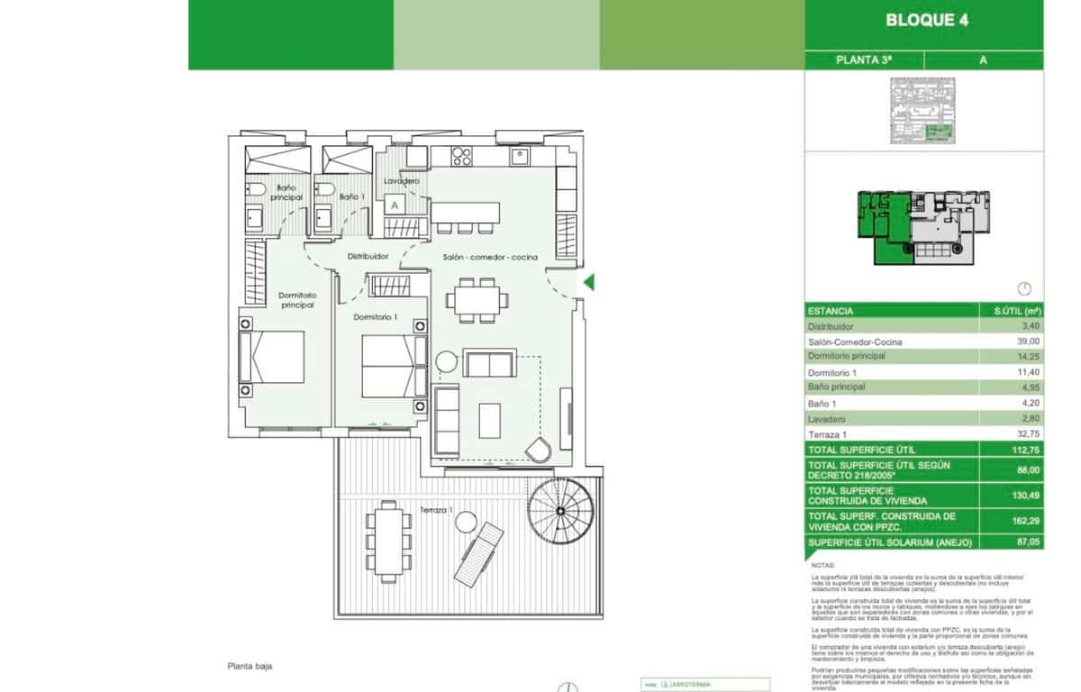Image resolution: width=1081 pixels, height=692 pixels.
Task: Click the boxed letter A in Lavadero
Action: point(394,205)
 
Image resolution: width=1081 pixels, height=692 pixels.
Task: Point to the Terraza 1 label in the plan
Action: point(436,511)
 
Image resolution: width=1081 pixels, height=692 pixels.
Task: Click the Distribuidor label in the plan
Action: point(368,257)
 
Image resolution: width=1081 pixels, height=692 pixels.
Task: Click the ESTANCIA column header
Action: point(831,311)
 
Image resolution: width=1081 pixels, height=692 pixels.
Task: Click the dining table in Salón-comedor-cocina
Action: point(477,299)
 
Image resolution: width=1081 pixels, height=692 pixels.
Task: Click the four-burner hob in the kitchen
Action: point(462,157)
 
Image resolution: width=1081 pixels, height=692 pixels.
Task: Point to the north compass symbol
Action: point(1023,289)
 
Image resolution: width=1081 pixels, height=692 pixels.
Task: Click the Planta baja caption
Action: point(250,667)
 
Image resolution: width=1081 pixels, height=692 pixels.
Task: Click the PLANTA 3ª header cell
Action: point(864,60)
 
